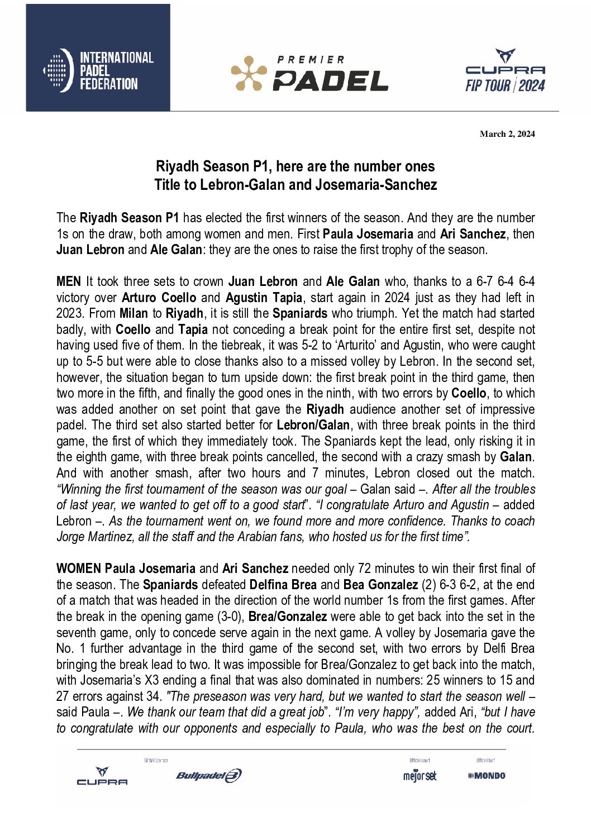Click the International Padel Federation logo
point(98,70)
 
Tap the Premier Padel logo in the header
point(309,74)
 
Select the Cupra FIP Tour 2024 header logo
point(505,71)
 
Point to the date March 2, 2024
point(507,134)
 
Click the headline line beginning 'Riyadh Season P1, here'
point(295,166)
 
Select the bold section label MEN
point(69,281)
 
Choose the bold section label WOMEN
point(79,569)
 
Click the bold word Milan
point(134,313)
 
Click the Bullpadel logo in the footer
point(208,775)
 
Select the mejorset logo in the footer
point(420,776)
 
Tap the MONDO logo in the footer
point(487,776)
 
